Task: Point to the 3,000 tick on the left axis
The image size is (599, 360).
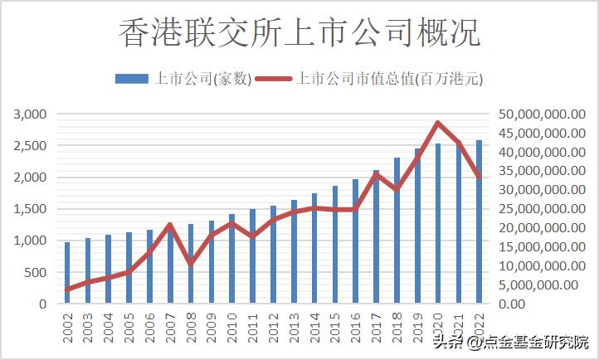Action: [30, 114]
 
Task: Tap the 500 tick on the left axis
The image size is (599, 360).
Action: [37, 272]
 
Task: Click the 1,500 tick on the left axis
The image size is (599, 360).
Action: [30, 209]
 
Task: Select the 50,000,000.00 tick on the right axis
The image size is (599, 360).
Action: [537, 114]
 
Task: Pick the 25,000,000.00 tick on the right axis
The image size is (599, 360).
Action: [537, 209]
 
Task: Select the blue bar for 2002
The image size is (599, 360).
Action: [68, 273]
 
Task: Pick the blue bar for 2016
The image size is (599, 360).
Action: [355, 241]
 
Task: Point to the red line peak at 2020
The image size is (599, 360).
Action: [437, 123]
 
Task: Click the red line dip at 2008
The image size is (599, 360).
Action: [191, 263]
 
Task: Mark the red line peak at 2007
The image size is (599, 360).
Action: [170, 225]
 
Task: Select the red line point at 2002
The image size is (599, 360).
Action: [68, 289]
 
